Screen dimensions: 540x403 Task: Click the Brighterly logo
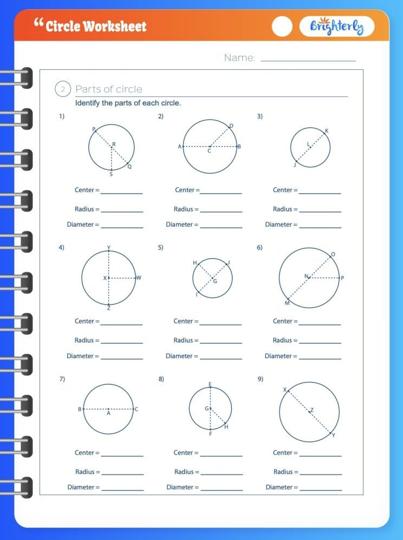point(336,27)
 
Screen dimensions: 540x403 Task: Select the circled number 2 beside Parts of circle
point(63,89)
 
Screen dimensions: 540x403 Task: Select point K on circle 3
point(324,133)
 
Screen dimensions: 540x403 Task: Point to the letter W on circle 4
point(139,278)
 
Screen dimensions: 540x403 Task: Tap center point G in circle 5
point(212,278)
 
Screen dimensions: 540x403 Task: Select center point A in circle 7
point(108,410)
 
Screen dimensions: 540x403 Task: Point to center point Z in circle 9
point(309,412)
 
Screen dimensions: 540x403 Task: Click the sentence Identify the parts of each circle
point(128,103)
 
